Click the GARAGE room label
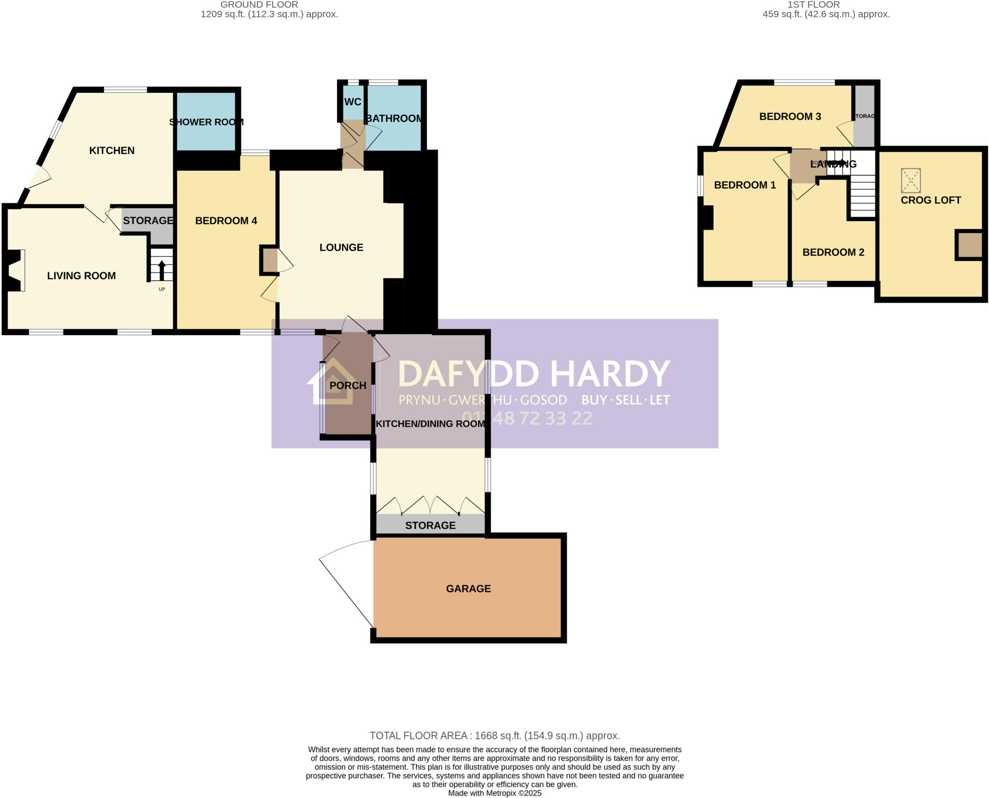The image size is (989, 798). tap(468, 588)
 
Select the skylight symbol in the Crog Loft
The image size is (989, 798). tap(911, 181)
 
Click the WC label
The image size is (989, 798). tap(353, 102)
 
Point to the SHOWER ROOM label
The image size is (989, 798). tap(206, 122)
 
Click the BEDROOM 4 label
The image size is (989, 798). tap(226, 221)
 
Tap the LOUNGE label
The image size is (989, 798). tap(341, 247)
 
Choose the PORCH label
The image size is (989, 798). tap(348, 385)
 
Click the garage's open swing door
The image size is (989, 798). tap(345, 584)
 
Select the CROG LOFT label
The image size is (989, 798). tap(931, 200)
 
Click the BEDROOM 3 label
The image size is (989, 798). tap(790, 116)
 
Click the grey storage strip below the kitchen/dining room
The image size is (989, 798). tap(430, 525)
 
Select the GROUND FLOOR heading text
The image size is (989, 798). tap(259, 5)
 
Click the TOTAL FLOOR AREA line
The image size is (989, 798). tap(494, 736)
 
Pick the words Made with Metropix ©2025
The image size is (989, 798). tap(494, 793)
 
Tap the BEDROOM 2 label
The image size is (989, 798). tap(833, 252)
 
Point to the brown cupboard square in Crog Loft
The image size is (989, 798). tap(970, 245)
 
